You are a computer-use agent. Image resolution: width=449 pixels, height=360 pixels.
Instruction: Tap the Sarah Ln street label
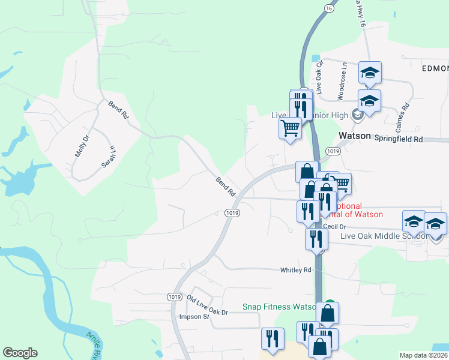(108, 155)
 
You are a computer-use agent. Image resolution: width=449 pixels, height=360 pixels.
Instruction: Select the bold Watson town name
(355, 136)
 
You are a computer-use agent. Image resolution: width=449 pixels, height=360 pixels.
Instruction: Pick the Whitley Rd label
(296, 271)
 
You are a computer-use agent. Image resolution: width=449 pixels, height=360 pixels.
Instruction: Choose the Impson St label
(193, 317)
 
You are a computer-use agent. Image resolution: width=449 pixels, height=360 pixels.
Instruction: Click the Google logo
(20, 353)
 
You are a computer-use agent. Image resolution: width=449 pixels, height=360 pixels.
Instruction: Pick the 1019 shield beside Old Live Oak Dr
(174, 296)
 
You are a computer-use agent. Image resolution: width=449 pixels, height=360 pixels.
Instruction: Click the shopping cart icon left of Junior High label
(291, 128)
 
